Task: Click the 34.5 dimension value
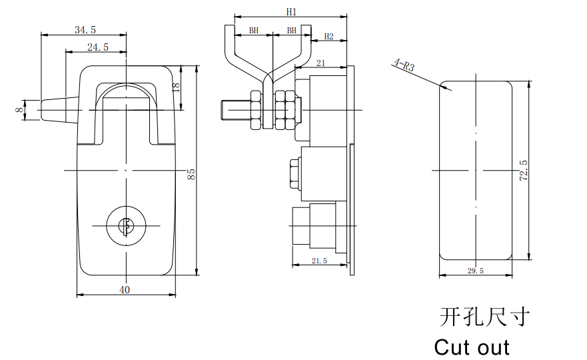85,29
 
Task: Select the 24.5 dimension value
98,47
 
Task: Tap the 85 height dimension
191,174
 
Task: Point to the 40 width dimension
125,290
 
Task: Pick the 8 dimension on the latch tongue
19,110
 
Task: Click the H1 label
291,12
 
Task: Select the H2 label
328,37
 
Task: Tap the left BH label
254,31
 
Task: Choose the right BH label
292,31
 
